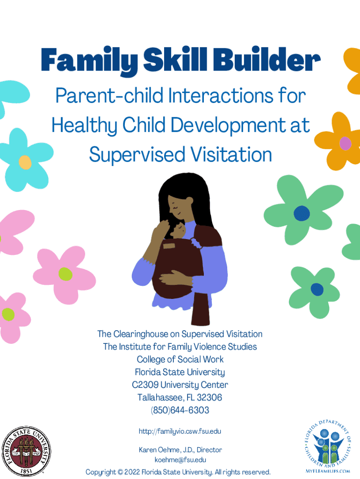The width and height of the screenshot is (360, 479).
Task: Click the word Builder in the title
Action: coord(266,59)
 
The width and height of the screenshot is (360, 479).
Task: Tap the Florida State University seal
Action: coord(26,451)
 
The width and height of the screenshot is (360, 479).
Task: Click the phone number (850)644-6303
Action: coord(180,410)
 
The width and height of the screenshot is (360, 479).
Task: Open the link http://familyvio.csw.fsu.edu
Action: coord(180,431)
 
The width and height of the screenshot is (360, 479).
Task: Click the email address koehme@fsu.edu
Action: coord(180,460)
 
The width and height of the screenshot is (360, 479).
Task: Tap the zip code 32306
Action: coord(209,397)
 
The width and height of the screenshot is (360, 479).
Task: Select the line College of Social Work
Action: coord(180,359)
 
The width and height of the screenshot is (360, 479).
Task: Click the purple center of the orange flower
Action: coord(346,143)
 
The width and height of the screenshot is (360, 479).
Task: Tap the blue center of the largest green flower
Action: coord(302,213)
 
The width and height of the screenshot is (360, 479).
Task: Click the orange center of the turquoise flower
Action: coord(25,162)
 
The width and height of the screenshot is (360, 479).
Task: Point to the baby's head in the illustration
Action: coord(179,231)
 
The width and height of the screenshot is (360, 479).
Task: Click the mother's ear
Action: coord(190,201)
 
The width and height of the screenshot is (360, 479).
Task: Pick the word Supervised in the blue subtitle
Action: coord(137,155)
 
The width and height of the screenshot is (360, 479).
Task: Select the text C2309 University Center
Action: coord(180,385)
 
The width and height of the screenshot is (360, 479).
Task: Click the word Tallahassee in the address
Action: coord(161,397)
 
